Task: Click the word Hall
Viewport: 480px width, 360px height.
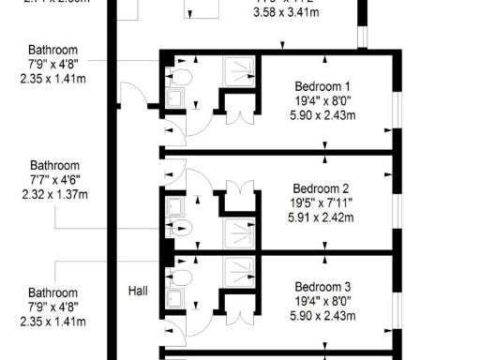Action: tap(138, 292)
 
